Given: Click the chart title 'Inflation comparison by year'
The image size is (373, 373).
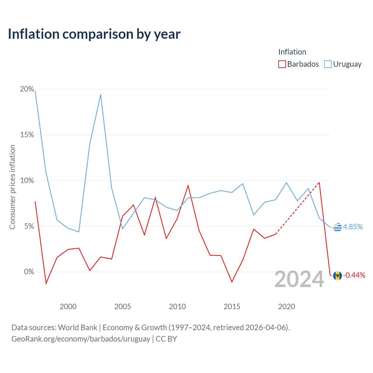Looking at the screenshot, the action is [94, 34].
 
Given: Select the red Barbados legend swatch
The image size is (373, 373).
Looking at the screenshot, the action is [282, 64].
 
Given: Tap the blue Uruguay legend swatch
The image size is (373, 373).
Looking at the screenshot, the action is [328, 64].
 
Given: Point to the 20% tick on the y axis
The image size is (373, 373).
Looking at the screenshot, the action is [27, 89].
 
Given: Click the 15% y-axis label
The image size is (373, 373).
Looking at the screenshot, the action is [27, 135].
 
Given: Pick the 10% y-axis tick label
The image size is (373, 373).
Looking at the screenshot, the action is [27, 181].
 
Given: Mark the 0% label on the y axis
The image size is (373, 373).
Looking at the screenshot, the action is [29, 272].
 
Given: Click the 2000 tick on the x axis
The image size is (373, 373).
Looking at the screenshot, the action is [68, 307].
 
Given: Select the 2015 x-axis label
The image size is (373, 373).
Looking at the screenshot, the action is [232, 307].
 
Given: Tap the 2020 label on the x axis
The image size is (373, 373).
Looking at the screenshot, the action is [287, 307].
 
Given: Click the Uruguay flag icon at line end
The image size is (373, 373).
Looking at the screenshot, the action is [337, 227].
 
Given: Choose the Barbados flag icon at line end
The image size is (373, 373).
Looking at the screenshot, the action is [337, 276].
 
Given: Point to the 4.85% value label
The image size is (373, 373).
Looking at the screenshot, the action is [353, 227].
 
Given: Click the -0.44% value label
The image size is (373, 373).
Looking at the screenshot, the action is [354, 275].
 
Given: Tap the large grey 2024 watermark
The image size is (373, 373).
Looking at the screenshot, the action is [299, 279].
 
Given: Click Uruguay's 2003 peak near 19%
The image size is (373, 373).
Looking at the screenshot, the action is [101, 95].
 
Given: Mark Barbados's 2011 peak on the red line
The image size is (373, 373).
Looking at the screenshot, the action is [188, 186].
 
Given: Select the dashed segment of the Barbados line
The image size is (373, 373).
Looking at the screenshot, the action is [297, 208].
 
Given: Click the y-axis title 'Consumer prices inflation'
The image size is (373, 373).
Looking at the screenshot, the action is [13, 187].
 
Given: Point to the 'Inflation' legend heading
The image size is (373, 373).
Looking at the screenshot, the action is [292, 52].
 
